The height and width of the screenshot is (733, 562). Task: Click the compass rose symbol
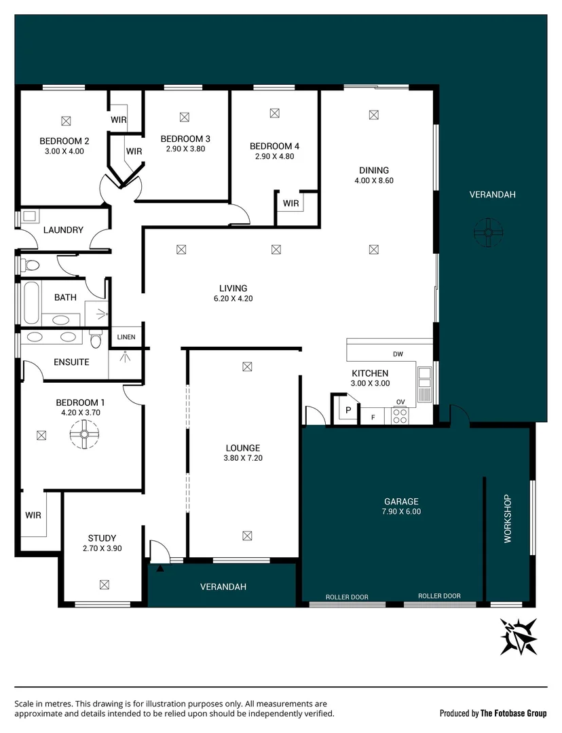pos(519,636)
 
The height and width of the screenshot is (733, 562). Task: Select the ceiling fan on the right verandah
pos(488,231)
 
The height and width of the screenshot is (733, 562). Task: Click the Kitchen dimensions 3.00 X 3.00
pos(370,383)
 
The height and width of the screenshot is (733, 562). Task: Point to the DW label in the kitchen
pos(398,354)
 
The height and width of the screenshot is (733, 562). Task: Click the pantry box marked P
pos(348,410)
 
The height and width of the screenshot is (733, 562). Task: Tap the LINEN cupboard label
pos(126,337)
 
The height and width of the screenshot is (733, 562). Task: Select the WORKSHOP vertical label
pos(507,519)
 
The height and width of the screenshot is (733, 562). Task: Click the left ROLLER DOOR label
pos(347,597)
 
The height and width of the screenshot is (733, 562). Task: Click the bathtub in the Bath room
pos(30,303)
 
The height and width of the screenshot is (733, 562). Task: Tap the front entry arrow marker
pos(160,569)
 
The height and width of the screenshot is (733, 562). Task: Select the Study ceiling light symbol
pos(104,584)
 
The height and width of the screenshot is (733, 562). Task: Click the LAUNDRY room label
pos(63,230)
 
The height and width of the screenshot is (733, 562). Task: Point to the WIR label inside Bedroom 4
pos(291,203)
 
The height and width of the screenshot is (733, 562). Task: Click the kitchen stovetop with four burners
pos(400,415)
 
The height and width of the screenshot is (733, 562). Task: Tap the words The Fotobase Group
pos(513,713)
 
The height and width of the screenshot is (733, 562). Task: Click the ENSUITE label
pos(71,362)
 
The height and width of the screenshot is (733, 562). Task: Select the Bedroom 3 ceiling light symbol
pos(183,117)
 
